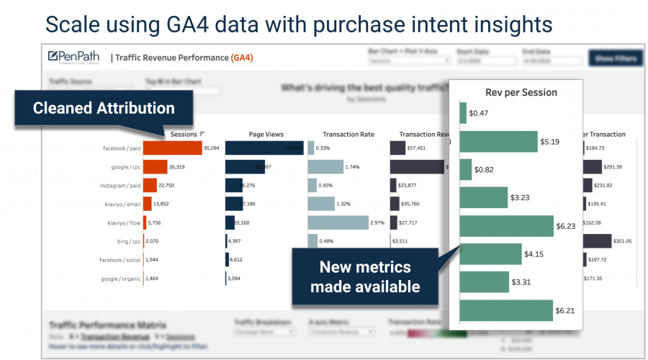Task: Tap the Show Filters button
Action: (x=614, y=58)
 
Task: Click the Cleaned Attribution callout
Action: (x=104, y=108)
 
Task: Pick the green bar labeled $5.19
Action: (x=498, y=142)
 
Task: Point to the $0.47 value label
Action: (x=479, y=113)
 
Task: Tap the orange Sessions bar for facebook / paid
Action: (x=172, y=148)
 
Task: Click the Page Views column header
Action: (x=266, y=134)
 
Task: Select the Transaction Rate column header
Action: (x=348, y=134)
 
